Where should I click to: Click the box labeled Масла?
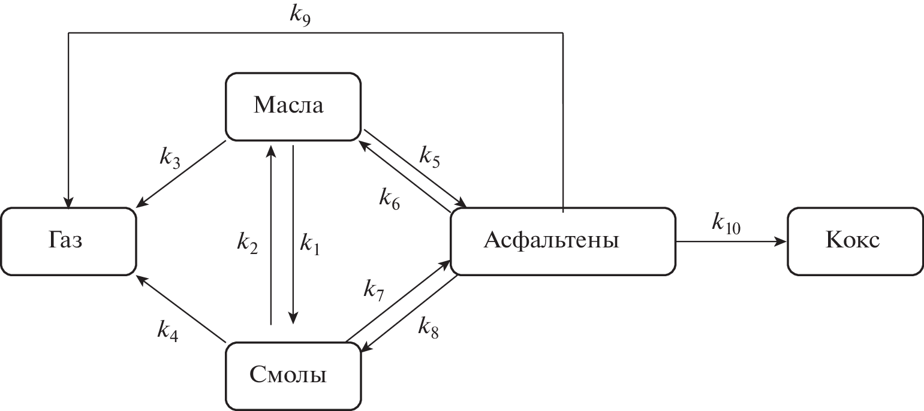coord(293,106)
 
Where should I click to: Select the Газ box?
coord(68,241)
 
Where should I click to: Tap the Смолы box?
coord(293,376)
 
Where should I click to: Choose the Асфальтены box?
coord(562,241)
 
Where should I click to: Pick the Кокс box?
coord(854,241)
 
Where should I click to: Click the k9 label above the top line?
coord(300,13)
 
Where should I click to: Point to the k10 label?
coord(726,222)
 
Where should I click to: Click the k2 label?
coord(247,243)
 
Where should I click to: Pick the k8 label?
coord(428,327)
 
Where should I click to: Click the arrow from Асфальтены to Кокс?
coord(732,242)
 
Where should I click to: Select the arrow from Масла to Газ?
coord(181,174)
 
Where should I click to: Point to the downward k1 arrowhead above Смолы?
coord(293,318)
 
